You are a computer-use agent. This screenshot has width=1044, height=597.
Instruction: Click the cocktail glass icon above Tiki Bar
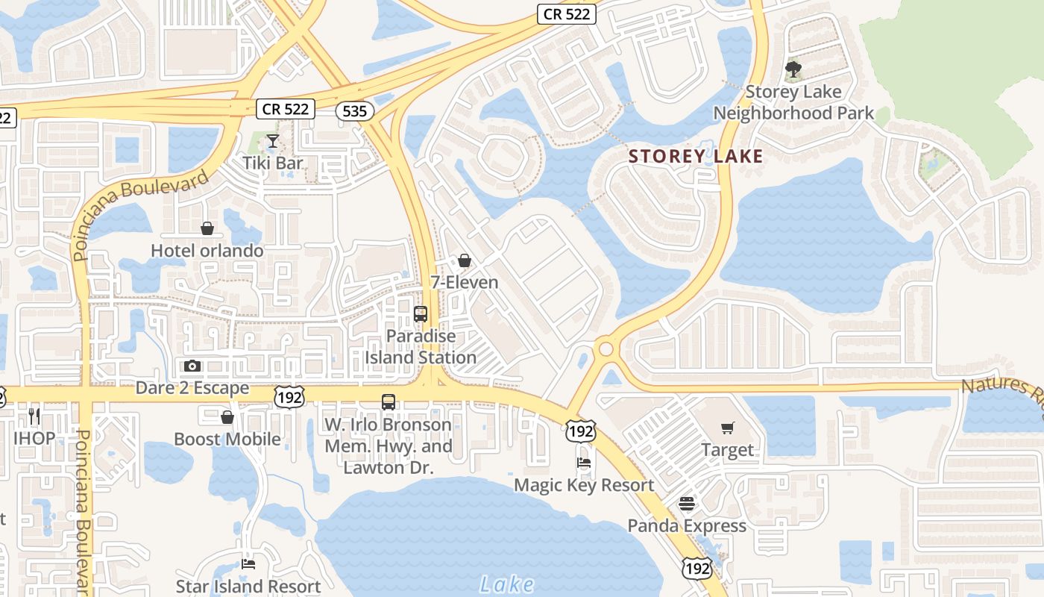[273, 141]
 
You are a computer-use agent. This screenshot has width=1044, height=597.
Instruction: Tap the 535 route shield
[354, 111]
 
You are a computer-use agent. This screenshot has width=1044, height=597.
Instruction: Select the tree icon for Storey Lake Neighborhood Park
[793, 70]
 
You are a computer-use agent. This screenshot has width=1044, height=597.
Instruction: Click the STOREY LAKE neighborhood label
[696, 156]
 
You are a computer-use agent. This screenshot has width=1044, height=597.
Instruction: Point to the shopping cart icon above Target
[728, 428]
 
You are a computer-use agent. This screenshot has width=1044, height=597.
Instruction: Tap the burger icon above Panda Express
[686, 504]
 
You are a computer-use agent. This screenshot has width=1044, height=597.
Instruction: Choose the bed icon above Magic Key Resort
[584, 463]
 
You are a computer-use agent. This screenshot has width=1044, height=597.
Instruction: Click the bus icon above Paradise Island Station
[421, 314]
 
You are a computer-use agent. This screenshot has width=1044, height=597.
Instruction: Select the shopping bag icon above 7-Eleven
[465, 260]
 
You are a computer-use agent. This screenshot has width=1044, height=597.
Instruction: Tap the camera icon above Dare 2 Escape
[192, 366]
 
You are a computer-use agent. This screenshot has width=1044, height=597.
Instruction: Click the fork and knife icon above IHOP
[34, 416]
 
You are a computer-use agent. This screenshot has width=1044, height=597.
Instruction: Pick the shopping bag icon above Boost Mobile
[227, 417]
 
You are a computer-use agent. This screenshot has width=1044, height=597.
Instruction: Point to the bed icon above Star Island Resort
[248, 565]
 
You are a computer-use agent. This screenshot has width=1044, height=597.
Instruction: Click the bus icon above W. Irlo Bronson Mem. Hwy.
[389, 402]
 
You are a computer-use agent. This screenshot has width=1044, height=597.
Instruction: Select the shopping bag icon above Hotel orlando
[207, 228]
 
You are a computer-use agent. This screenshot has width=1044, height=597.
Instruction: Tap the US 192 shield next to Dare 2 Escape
[289, 396]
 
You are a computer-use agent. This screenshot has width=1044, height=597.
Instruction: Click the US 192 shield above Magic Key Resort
[579, 431]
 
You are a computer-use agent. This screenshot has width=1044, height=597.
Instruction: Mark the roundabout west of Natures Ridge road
[606, 348]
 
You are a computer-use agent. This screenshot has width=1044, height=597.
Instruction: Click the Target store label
[728, 450]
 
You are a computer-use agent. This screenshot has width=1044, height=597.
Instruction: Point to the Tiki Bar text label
[273, 163]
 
